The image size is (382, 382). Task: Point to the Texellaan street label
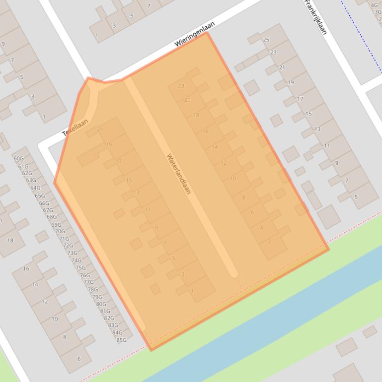tap(76, 127)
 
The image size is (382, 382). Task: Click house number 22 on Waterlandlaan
tap(181, 86)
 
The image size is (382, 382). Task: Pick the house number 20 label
tap(187, 100)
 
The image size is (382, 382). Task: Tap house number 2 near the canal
tap(270, 242)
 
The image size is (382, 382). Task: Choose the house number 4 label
tap(261, 228)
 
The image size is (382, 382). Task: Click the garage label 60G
tap(18, 159)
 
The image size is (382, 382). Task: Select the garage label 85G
tap(121, 340)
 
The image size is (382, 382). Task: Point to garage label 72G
tap(68, 246)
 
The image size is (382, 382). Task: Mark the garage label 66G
tap(44, 203)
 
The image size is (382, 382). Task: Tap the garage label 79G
tap(97, 297)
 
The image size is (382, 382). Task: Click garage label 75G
tap(80, 268)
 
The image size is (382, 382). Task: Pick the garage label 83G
tap(113, 325)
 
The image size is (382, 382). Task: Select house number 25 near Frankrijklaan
tap(266, 40)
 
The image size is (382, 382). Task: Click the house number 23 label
tap(274, 52)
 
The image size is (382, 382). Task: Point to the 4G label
tap(374, 6)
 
